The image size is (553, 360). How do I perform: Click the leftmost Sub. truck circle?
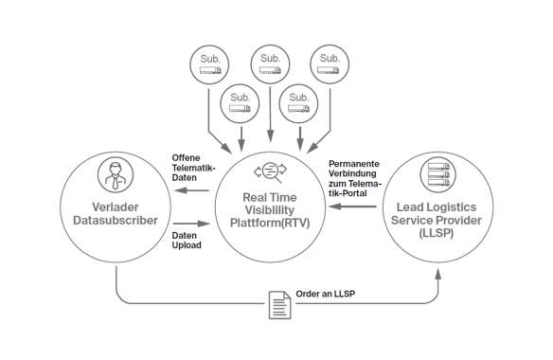pyautogui.click(x=208, y=63)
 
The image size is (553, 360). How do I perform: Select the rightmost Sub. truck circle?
pyautogui.click(x=330, y=63)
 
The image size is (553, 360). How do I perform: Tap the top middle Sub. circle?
pyautogui.click(x=270, y=63)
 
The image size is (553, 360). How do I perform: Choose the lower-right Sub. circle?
pyautogui.click(x=299, y=101)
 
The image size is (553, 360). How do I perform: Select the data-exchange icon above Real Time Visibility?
pyautogui.click(x=269, y=172)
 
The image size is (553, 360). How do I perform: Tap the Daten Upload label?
pyautogui.click(x=185, y=241)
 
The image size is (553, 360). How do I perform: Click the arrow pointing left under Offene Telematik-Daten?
pyautogui.click(x=195, y=190)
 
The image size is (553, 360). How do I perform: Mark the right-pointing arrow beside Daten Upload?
pyautogui.click(x=195, y=225)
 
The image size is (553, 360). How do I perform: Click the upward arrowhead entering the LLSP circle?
pyautogui.click(x=438, y=272)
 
